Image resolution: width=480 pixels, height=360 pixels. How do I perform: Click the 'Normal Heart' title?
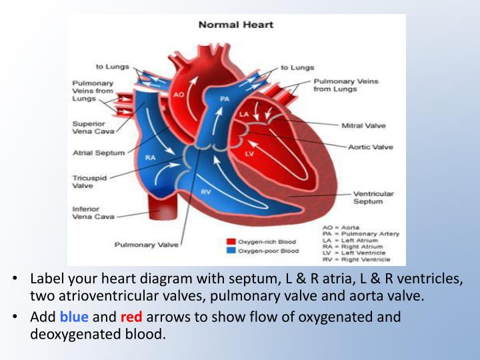[x=236, y=25]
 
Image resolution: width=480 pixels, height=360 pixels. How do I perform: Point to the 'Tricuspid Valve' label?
[x=87, y=182]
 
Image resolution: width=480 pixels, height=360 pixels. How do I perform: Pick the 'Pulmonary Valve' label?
[x=147, y=245]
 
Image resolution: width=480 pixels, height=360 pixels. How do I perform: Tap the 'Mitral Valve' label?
[x=363, y=125]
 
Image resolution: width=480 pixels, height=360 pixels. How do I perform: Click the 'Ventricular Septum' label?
[x=373, y=197]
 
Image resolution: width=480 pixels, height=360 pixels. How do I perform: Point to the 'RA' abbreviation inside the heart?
[x=151, y=158]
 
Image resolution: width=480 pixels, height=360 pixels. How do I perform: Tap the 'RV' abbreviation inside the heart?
[x=207, y=191]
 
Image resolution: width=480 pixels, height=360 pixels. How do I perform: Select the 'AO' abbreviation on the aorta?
[x=179, y=95]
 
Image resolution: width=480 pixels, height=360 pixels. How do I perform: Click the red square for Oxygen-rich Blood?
[x=231, y=241]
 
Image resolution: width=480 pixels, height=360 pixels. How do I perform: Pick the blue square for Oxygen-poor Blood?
[x=231, y=251]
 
